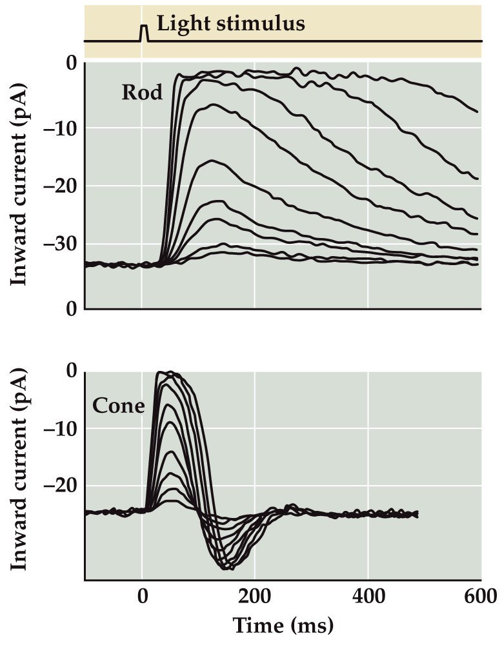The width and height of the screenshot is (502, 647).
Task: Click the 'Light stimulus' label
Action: click(x=231, y=25)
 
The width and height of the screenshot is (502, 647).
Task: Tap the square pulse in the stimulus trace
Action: click(x=144, y=33)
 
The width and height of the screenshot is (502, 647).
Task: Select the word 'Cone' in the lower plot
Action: click(x=118, y=405)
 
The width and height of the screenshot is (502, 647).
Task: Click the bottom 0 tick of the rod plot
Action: click(x=70, y=309)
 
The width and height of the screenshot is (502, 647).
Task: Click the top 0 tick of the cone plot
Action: click(x=70, y=372)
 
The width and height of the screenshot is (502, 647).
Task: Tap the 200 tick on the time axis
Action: click(x=254, y=596)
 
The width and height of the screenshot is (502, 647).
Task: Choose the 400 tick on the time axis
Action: click(x=368, y=596)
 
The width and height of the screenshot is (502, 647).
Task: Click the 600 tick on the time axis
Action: click(x=481, y=596)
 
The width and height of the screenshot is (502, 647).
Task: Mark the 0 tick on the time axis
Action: click(x=142, y=596)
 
